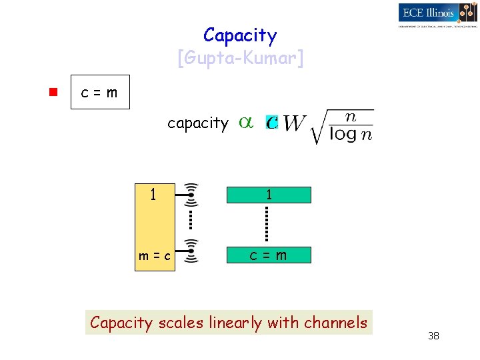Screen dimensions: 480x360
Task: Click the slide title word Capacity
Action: point(240,35)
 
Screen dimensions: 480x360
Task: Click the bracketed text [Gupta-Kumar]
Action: point(240,59)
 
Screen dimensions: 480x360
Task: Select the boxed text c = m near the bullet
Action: point(99,93)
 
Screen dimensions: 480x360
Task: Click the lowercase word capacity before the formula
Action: point(197,123)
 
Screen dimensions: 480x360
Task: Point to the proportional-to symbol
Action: point(246,123)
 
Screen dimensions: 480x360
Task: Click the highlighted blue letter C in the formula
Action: point(271,123)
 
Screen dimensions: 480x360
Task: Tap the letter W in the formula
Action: point(294,124)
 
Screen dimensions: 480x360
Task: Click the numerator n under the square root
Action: point(351,117)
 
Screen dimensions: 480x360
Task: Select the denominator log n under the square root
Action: point(351,135)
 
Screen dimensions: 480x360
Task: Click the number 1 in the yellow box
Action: point(153,195)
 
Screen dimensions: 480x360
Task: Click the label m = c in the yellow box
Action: point(154,256)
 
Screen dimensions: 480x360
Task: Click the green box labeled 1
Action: point(269,195)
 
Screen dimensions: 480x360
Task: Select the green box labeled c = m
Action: point(269,255)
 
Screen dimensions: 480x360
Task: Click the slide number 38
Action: point(433,336)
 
